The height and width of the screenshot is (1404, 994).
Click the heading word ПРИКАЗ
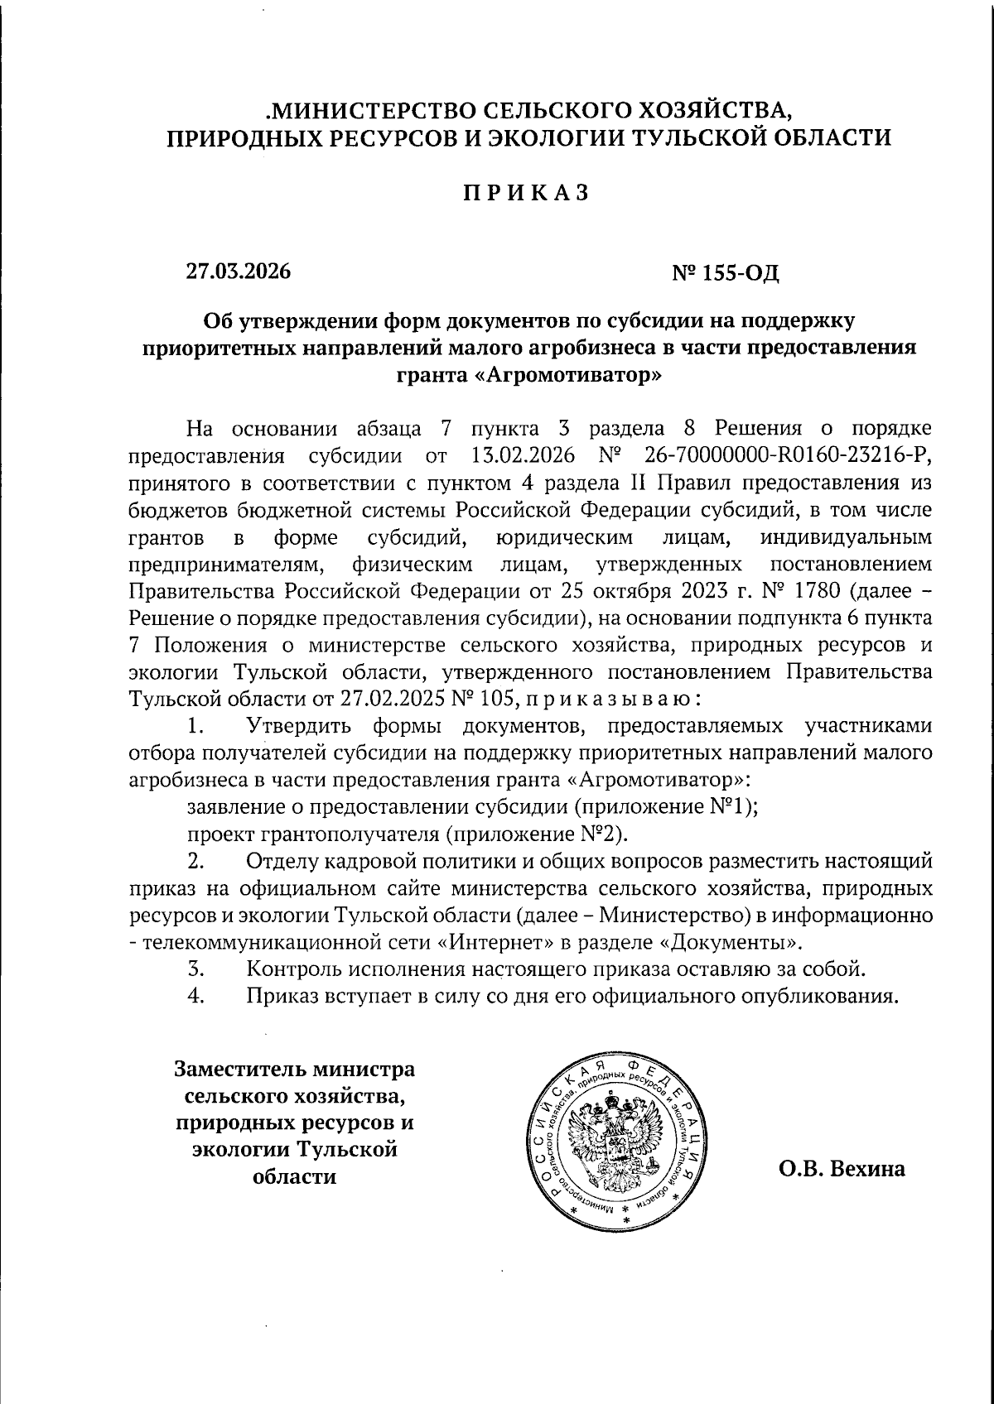pyautogui.click(x=525, y=192)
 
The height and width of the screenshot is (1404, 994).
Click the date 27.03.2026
pyautogui.click(x=239, y=271)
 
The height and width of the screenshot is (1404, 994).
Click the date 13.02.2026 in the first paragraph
pyautogui.click(x=519, y=455)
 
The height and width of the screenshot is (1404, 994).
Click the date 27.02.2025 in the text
pyautogui.click(x=389, y=700)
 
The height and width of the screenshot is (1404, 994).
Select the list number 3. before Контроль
pyautogui.click(x=196, y=969)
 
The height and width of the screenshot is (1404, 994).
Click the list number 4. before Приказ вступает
pyautogui.click(x=196, y=995)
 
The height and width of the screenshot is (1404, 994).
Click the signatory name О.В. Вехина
pyautogui.click(x=841, y=1170)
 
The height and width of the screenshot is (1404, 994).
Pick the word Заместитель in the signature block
pyautogui.click(x=235, y=1070)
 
